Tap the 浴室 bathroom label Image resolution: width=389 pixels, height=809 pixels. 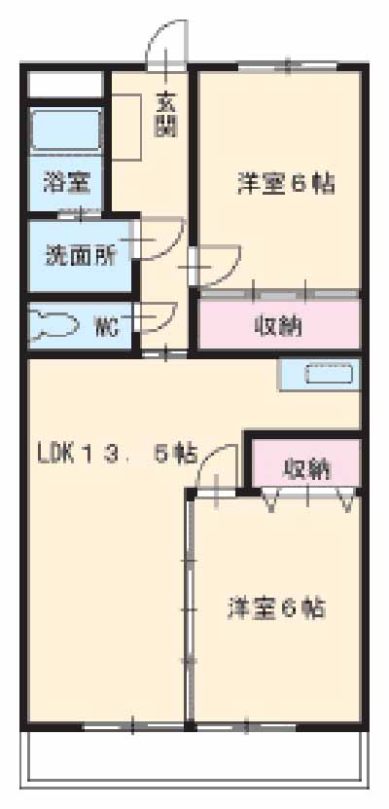[x=66, y=182]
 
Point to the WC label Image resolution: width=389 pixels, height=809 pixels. [x=107, y=326]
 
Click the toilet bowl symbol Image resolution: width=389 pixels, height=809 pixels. [x=53, y=326]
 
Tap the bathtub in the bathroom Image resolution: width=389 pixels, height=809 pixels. [x=65, y=130]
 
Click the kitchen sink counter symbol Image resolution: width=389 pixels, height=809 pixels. [x=321, y=375]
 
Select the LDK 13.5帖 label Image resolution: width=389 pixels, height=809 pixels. [x=117, y=453]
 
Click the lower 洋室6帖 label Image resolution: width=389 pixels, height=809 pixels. [x=276, y=608]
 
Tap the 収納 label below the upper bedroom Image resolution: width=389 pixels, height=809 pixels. [x=277, y=326]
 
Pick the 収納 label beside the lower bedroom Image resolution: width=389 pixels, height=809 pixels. [x=306, y=468]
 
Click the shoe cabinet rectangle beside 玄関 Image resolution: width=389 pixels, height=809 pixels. [x=124, y=127]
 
